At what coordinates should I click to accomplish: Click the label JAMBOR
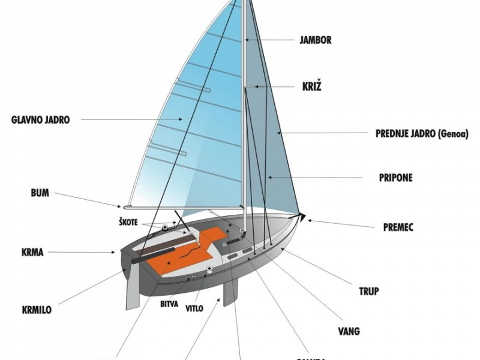tap(315, 41)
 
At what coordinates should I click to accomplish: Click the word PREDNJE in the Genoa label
tap(394, 133)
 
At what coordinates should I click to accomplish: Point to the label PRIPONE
tap(395, 178)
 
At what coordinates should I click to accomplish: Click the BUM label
tap(40, 193)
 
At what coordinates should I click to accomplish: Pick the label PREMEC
tap(398, 227)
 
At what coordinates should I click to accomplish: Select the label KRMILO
tap(36, 310)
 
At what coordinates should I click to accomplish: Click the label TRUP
tap(368, 292)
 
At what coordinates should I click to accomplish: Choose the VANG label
tap(349, 331)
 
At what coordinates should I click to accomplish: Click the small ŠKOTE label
tap(128, 222)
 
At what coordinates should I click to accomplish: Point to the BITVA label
tap(169, 305)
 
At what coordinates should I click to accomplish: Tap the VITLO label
tap(194, 308)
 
